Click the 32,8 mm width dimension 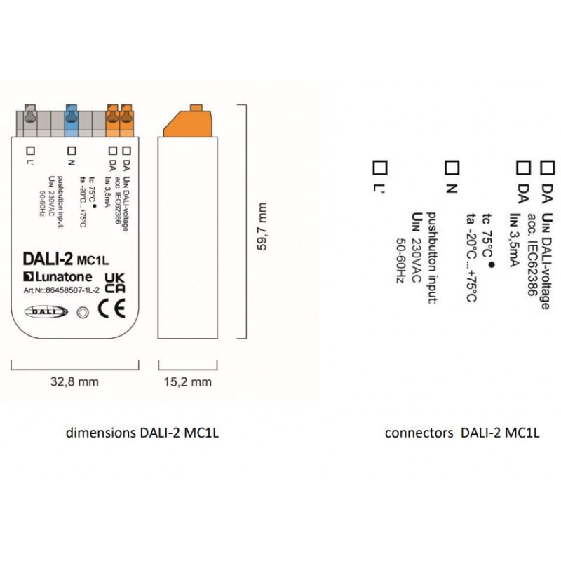pyautogui.click(x=74, y=382)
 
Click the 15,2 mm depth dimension pyautogui.click(x=187, y=382)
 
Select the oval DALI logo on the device pyautogui.click(x=46, y=313)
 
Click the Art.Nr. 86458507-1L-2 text pyautogui.click(x=60, y=289)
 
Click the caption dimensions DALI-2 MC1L pyautogui.click(x=142, y=433)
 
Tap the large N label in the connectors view pyautogui.click(x=452, y=188)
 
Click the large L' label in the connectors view pyautogui.click(x=379, y=188)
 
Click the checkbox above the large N pyautogui.click(x=452, y=168)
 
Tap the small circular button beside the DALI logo pyautogui.click(x=81, y=313)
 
